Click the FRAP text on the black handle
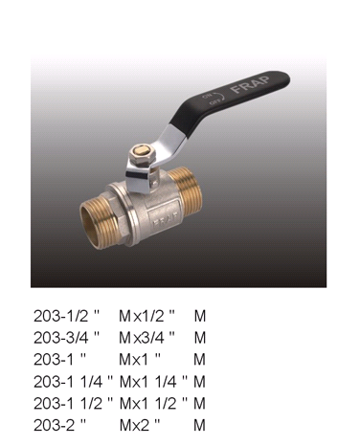click(251, 84)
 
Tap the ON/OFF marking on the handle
click(214, 99)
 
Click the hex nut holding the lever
click(140, 155)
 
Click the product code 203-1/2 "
click(67, 316)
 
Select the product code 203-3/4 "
click(67, 338)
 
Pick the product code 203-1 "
click(60, 360)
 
